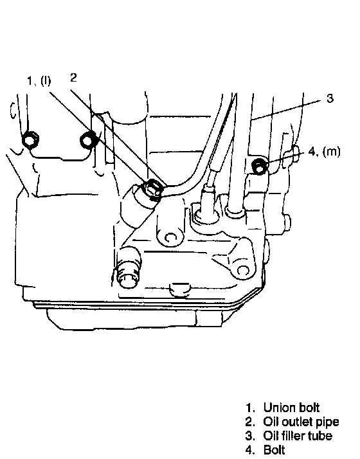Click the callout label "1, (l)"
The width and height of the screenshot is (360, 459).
coord(39,80)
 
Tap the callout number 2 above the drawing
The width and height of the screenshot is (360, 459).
coord(73,77)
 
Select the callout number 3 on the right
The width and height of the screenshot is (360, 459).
coord(330,98)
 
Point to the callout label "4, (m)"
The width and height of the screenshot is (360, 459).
coord(324,151)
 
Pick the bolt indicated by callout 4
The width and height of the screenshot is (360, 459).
coord(259,166)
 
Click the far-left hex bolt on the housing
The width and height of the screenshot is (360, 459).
coord(30,139)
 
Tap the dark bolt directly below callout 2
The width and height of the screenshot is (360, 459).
coord(87,139)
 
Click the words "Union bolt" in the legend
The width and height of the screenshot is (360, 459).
coord(291,407)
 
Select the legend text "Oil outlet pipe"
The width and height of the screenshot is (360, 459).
coord(301,422)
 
